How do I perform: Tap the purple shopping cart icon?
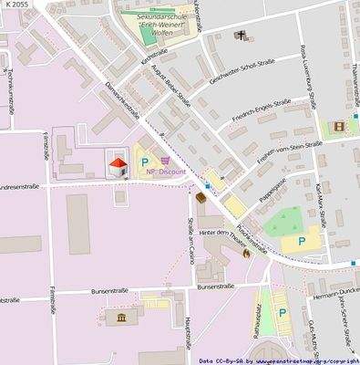coord(165,161)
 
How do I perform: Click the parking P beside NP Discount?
coord(144,165)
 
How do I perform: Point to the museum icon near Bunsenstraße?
coord(122,317)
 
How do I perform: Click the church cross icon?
coord(242,36)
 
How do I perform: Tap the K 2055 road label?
coord(15,5)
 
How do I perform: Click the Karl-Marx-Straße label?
coord(319,201)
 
